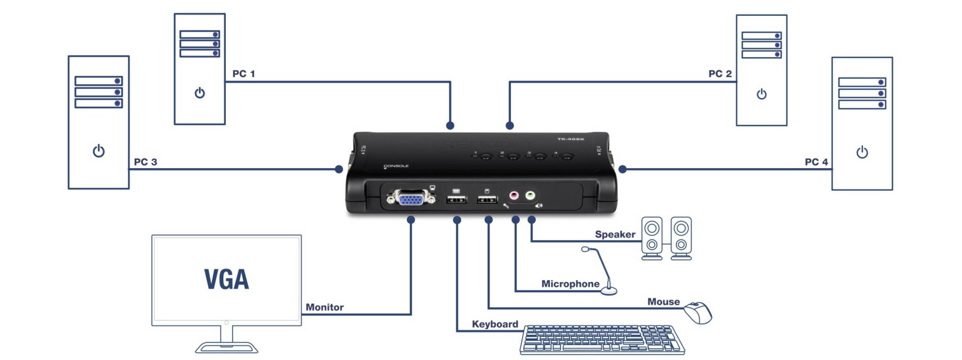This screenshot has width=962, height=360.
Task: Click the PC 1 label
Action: pyautogui.click(x=244, y=74)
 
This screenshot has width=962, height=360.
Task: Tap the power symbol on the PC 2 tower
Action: pyautogui.click(x=761, y=94)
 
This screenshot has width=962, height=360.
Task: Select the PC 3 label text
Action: pyautogui.click(x=145, y=162)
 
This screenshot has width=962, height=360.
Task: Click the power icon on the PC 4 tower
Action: pyautogui.click(x=862, y=152)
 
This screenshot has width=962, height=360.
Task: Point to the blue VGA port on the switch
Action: pyautogui.click(x=411, y=199)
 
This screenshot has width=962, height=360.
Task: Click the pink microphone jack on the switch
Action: pyautogui.click(x=514, y=196)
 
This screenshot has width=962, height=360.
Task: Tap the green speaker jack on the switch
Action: pyautogui.click(x=530, y=196)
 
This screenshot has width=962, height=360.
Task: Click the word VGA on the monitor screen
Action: pyautogui.click(x=226, y=279)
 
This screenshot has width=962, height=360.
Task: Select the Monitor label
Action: pyautogui.click(x=325, y=307)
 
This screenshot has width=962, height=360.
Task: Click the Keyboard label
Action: pyautogui.click(x=495, y=324)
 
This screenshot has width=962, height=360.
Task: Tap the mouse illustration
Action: pyautogui.click(x=698, y=313)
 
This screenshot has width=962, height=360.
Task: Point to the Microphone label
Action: pyautogui.click(x=570, y=284)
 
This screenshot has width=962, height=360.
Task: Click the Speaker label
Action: pyautogui.click(x=615, y=234)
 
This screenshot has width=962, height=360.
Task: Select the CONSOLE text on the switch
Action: pyautogui.click(x=396, y=166)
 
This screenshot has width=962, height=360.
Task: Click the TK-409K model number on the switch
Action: pyautogui.click(x=571, y=139)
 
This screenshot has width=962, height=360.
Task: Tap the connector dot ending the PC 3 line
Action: pyautogui.click(x=339, y=169)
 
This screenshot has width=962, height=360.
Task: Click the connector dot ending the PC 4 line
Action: pyautogui.click(x=622, y=169)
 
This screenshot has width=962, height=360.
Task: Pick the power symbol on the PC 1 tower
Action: pyautogui.click(x=200, y=93)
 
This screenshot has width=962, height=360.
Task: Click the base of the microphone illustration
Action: pyautogui.click(x=609, y=291)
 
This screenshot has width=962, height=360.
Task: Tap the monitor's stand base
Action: pyautogui.click(x=227, y=348)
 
